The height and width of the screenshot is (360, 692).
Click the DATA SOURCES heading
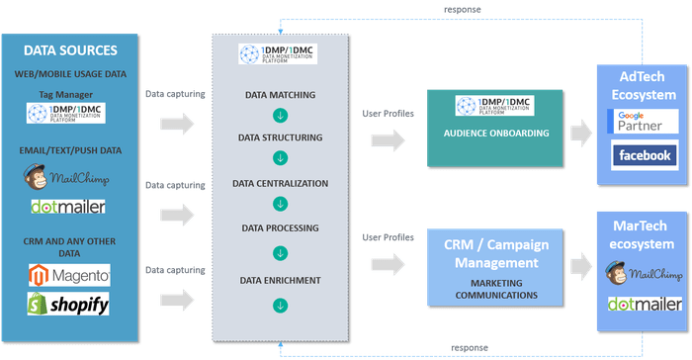[69, 49]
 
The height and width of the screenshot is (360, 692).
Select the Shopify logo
[69, 304]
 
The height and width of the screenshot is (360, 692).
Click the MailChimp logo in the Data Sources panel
[69, 178]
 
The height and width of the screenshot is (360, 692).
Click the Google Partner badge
[640, 123]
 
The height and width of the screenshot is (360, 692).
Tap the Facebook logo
[640, 155]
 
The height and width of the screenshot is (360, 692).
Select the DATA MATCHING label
[281, 95]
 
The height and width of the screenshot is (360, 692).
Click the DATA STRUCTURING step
[281, 139]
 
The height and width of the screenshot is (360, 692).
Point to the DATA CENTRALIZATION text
[281, 184]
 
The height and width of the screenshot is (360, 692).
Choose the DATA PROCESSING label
[281, 228]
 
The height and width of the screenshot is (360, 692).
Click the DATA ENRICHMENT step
[281, 282]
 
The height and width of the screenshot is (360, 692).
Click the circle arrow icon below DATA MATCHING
[281, 117]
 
